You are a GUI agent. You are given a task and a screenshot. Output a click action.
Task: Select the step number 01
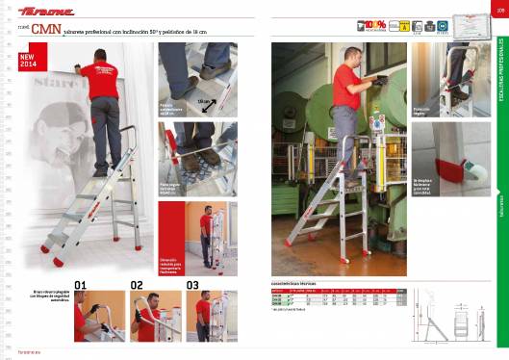[81, 285]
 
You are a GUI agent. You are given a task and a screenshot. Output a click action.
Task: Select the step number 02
[137, 285]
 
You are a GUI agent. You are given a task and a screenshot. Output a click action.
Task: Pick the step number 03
[192, 285]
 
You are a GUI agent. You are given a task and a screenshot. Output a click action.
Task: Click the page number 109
[500, 12]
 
